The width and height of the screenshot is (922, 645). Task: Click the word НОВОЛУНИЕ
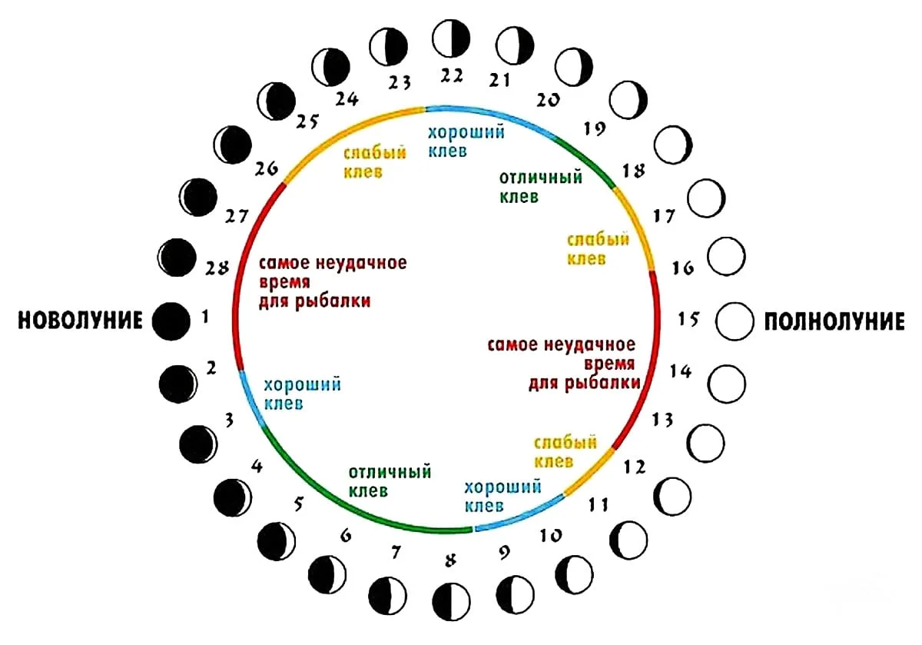tap(80, 321)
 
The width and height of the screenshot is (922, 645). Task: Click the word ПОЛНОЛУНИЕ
tap(834, 321)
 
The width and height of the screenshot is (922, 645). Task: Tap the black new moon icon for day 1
tap(171, 321)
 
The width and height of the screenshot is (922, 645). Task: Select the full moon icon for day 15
tap(735, 321)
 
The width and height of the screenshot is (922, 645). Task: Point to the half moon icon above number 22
tap(451, 38)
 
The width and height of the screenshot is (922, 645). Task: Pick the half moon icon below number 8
tap(451, 602)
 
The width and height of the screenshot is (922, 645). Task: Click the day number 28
tap(217, 268)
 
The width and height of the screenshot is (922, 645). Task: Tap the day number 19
tap(595, 129)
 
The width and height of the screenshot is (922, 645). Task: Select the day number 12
tap(635, 467)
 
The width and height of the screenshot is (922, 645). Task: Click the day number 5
tap(299, 504)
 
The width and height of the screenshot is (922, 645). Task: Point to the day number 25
tap(307, 121)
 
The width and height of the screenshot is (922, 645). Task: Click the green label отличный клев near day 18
tap(540, 187)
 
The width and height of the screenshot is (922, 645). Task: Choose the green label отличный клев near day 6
tap(390, 481)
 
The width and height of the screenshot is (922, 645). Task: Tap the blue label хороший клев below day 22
tap(466, 141)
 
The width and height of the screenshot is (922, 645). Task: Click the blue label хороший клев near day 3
tap(302, 394)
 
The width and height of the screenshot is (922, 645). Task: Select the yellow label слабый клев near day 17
tap(598, 249)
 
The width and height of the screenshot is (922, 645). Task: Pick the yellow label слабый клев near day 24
tap(375, 162)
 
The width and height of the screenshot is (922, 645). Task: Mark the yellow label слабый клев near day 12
tap(565, 452)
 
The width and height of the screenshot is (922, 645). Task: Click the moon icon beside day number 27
tap(198, 198)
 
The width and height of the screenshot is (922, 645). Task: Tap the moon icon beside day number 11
tap(672, 497)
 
